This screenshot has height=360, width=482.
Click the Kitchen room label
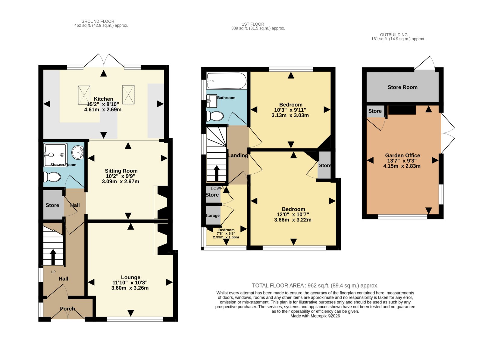[x=103, y=99]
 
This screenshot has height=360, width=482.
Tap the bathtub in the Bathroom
[x=227, y=81]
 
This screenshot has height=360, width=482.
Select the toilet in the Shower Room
[x=52, y=177]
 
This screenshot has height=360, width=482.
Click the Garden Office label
[x=402, y=155]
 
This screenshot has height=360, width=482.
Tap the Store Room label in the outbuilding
[x=402, y=87]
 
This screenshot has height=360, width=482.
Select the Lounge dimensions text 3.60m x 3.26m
[x=130, y=288]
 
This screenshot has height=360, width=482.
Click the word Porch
[x=67, y=309]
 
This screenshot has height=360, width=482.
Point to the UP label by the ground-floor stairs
[x=53, y=272]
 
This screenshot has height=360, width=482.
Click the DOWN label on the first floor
[x=217, y=188]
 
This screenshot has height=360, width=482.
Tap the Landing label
[x=238, y=155]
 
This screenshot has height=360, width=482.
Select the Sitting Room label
[x=121, y=171]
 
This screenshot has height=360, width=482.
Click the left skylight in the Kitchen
[x=84, y=95]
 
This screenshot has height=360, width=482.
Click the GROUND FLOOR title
[x=98, y=21]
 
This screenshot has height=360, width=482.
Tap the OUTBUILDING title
[x=394, y=35]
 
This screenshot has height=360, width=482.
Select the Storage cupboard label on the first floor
[x=213, y=216]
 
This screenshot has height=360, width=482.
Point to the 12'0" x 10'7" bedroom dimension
[x=293, y=214]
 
